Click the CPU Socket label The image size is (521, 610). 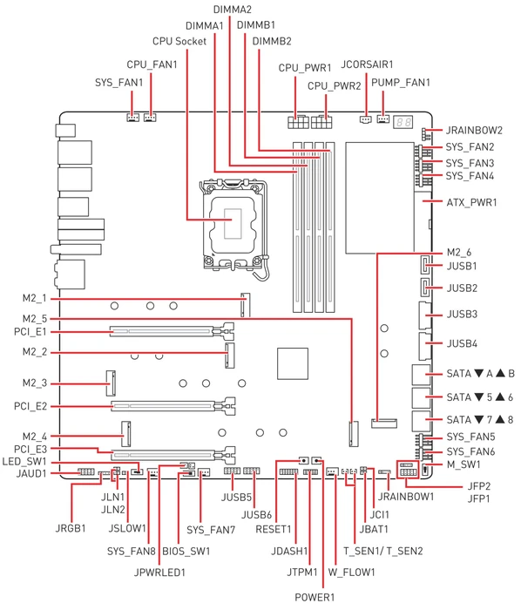pyautogui.click(x=179, y=41)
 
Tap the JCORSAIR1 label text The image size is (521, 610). pyautogui.click(x=367, y=64)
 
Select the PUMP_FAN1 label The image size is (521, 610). pyautogui.click(x=401, y=83)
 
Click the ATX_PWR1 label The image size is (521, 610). pyautogui.click(x=471, y=202)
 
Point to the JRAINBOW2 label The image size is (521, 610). pyautogui.click(x=474, y=131)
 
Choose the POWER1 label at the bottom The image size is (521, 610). pyautogui.click(x=315, y=597)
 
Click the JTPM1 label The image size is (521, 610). pyautogui.click(x=302, y=573)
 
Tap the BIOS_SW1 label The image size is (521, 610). pyautogui.click(x=186, y=552)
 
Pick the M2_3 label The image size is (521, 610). pyautogui.click(x=35, y=383)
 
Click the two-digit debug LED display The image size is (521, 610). pyautogui.click(x=403, y=122)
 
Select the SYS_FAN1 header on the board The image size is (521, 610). pyautogui.click(x=133, y=118)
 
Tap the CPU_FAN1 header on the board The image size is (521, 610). pyautogui.click(x=150, y=118)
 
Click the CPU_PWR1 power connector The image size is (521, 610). pyautogui.click(x=299, y=122)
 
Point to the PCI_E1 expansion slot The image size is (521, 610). pyautogui.click(x=172, y=332)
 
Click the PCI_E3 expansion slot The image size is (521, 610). pyautogui.click(x=173, y=454)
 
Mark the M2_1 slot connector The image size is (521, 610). pyautogui.click(x=246, y=305)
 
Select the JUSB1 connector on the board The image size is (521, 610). pyautogui.click(x=425, y=265)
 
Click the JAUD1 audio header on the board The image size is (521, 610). pyautogui.click(x=86, y=472)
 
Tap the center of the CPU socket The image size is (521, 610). pyautogui.click(x=233, y=223)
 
